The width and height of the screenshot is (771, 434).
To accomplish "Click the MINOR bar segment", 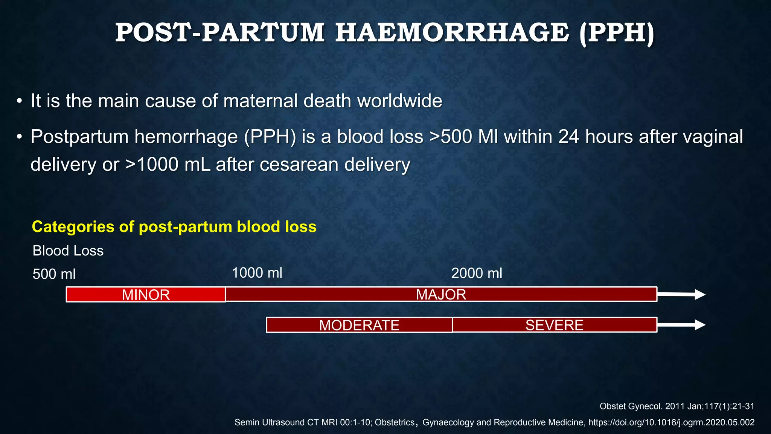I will click(146, 295).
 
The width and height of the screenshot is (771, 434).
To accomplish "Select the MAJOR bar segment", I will click(441, 294).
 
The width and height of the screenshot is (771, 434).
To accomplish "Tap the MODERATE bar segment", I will click(359, 325).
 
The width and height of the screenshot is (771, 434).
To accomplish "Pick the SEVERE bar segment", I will click(554, 325).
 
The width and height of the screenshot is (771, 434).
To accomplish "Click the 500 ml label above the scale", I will click(54, 274).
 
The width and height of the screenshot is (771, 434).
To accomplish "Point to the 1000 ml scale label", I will click(257, 273).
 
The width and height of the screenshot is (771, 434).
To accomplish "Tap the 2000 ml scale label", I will click(477, 273).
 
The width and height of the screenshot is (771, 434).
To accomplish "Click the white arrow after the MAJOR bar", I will click(681, 295).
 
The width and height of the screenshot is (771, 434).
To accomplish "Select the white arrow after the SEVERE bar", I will click(681, 325).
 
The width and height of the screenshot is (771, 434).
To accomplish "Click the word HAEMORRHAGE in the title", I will click(452, 33).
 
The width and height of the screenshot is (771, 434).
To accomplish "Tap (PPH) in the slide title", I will click(617, 33).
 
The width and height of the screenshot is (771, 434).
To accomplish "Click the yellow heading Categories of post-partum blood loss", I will click(174, 227).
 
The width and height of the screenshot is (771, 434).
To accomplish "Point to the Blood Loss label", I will click(68, 251).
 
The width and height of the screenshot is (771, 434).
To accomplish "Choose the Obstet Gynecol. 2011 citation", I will click(677, 406).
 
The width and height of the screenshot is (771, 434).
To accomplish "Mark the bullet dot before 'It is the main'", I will click(19, 102).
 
